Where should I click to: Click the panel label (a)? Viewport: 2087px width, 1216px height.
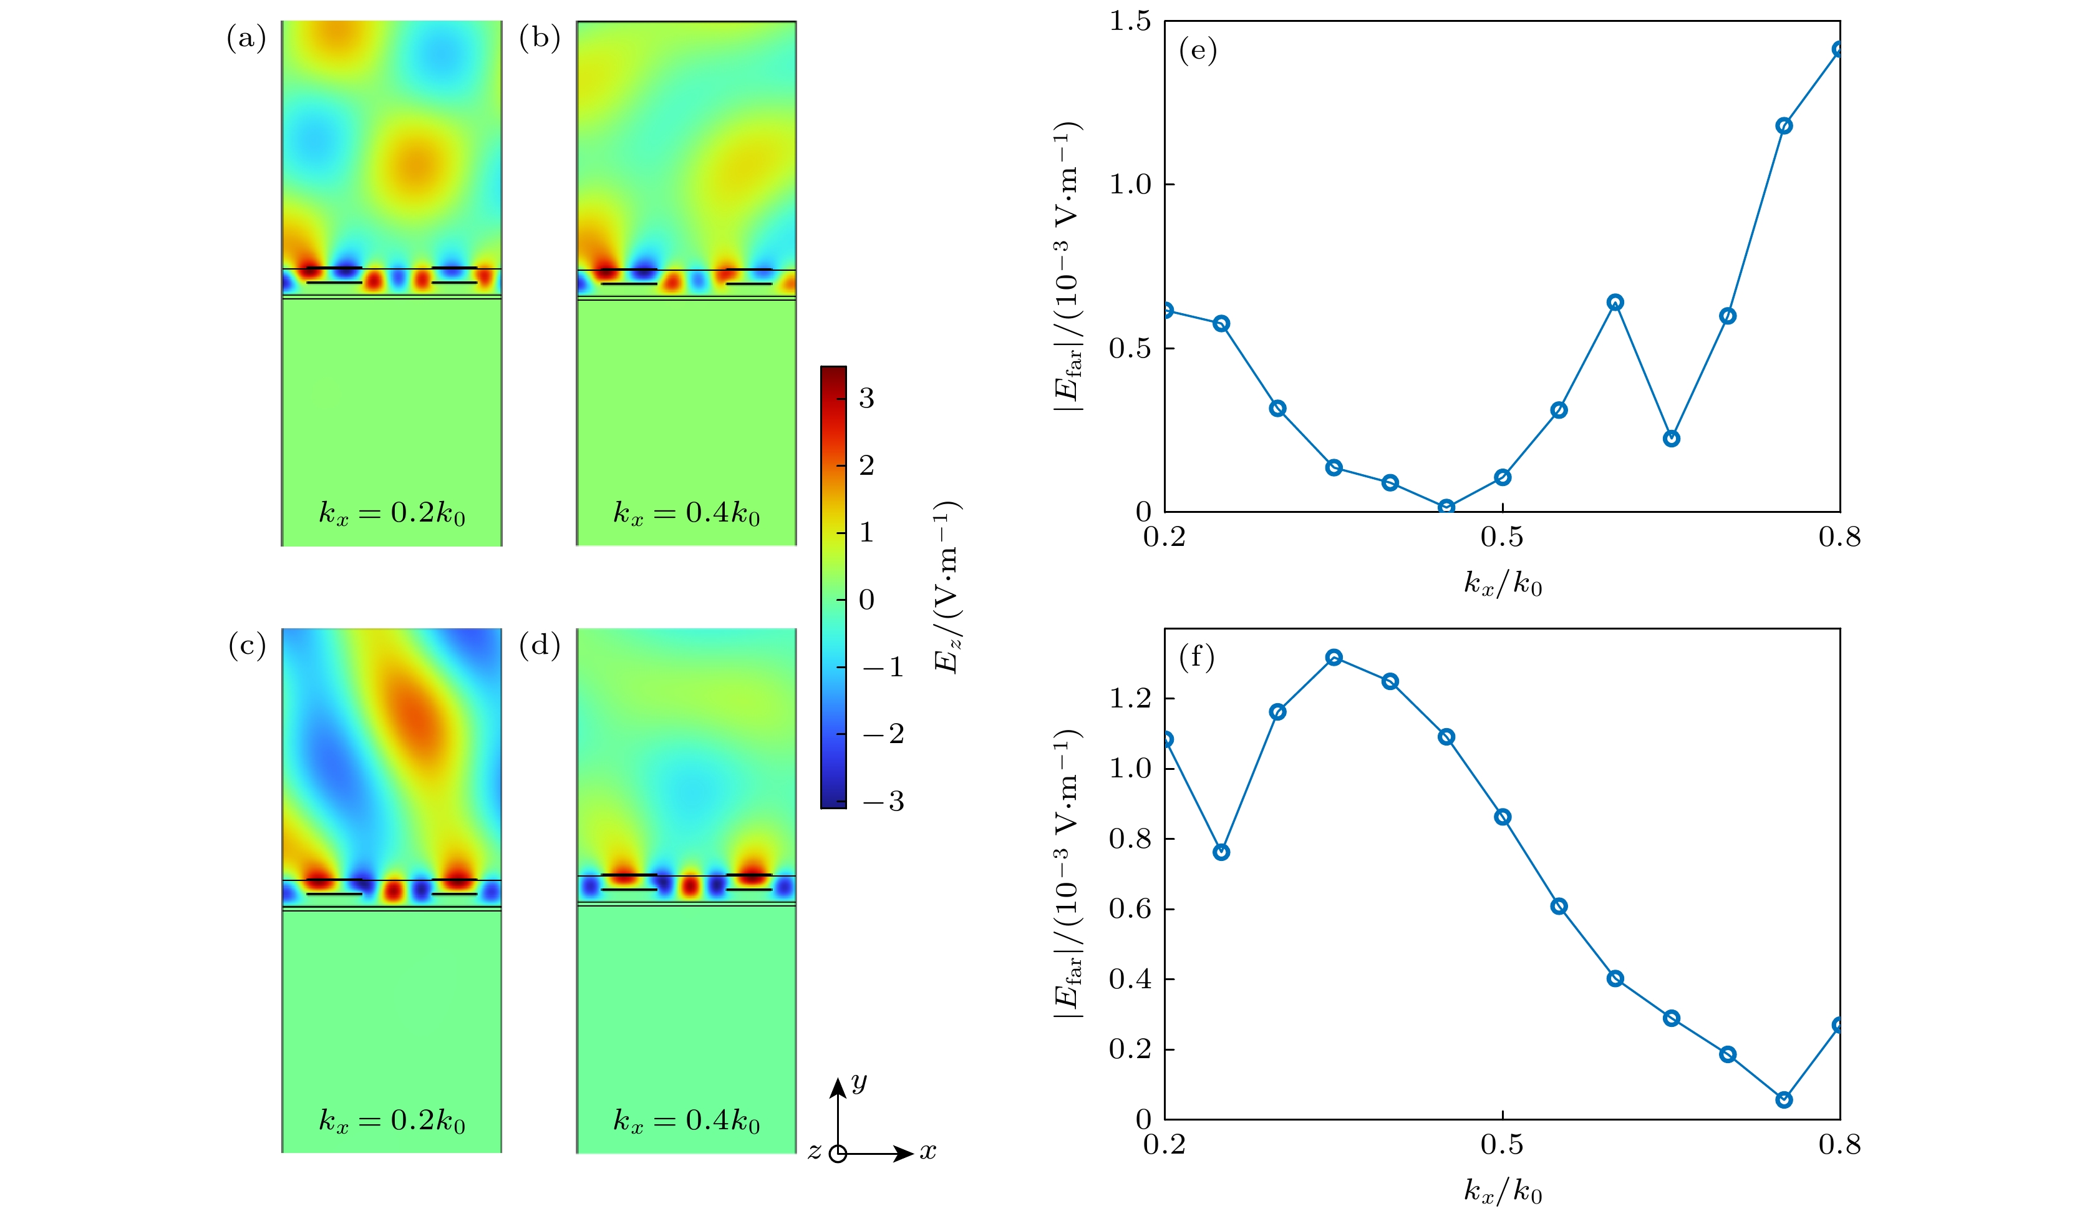pos(246,38)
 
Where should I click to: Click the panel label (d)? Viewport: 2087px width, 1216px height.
pos(539,644)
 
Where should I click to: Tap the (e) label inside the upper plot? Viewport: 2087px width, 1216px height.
pos(1198,51)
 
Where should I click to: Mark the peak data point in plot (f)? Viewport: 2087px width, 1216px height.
pos(1334,658)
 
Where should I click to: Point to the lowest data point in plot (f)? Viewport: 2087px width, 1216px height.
pos(1784,1099)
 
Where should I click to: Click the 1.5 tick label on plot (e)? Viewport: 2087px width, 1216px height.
pos(1130,22)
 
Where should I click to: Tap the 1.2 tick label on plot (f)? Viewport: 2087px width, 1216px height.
pos(1130,698)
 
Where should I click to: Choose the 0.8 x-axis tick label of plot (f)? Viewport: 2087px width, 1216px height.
pos(1839,1145)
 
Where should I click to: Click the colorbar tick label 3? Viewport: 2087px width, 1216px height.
pos(866,399)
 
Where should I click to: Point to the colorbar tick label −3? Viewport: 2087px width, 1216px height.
pos(883,801)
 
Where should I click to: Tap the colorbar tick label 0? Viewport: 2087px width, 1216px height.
pos(866,600)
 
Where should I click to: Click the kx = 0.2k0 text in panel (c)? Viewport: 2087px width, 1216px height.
pos(392,1121)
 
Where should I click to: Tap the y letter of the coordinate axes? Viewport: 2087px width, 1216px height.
pos(859,1081)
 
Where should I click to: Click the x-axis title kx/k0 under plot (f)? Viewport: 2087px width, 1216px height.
pos(1503,1191)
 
